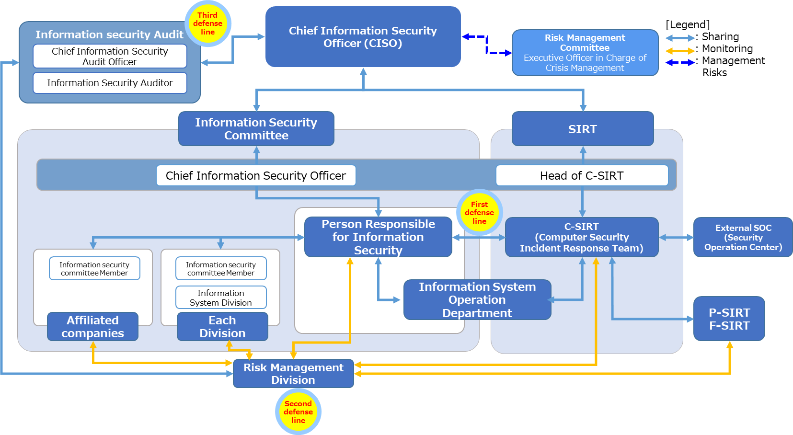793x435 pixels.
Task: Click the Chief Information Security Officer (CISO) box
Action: click(x=363, y=37)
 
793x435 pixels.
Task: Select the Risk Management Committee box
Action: click(x=585, y=53)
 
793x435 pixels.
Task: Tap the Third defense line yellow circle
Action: click(x=207, y=24)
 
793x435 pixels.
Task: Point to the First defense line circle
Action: click(x=479, y=213)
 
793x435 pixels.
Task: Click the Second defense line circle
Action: click(x=298, y=412)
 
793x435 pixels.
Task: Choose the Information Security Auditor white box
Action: click(x=110, y=83)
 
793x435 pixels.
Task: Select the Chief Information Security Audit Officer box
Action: click(x=110, y=56)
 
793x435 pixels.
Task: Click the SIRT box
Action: click(x=582, y=129)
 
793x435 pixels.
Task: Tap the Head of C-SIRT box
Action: click(x=582, y=175)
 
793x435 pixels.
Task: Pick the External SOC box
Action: click(x=743, y=237)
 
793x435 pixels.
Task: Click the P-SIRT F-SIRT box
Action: click(x=729, y=319)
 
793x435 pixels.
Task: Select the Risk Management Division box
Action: click(x=293, y=374)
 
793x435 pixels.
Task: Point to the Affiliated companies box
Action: click(x=92, y=327)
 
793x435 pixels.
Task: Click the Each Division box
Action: click(x=222, y=327)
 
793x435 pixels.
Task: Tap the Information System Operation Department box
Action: click(x=477, y=300)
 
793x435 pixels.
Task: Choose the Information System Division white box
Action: click(x=221, y=298)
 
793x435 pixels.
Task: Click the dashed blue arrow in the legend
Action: click(x=680, y=62)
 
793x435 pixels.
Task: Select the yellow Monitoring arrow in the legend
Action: click(x=680, y=50)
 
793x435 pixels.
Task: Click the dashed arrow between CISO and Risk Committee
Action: click(x=487, y=45)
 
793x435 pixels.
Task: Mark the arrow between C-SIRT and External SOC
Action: click(x=676, y=237)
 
